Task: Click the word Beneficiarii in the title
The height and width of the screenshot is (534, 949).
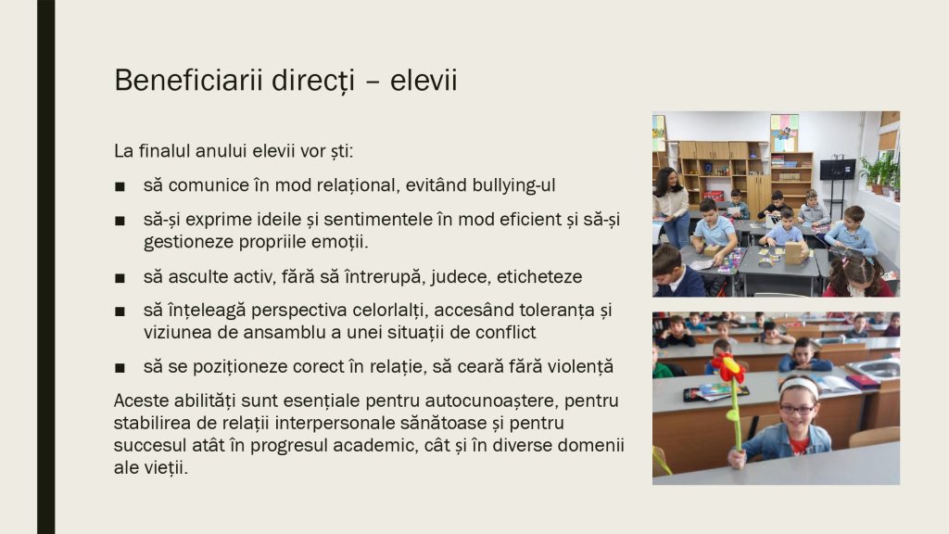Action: coord(188,80)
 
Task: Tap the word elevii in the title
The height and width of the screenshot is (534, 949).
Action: coord(423,80)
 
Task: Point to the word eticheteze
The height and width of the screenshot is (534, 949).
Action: coord(539,276)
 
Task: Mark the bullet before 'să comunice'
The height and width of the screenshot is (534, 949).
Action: coord(120,186)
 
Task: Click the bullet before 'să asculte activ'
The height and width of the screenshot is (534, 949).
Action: coord(120,278)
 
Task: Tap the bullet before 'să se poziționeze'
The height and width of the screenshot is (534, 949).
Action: coord(120,367)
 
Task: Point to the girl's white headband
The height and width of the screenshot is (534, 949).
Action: coord(798,385)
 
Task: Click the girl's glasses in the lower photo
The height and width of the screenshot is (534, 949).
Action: coord(797,409)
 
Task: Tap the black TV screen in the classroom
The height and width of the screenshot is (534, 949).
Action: coord(838,169)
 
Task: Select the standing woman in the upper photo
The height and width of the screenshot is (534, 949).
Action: coord(671,206)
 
